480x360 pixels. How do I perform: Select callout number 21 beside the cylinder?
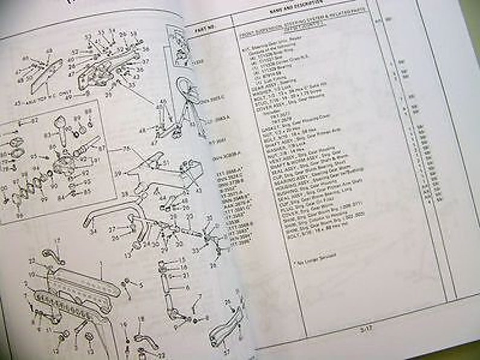tap(186, 275)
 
